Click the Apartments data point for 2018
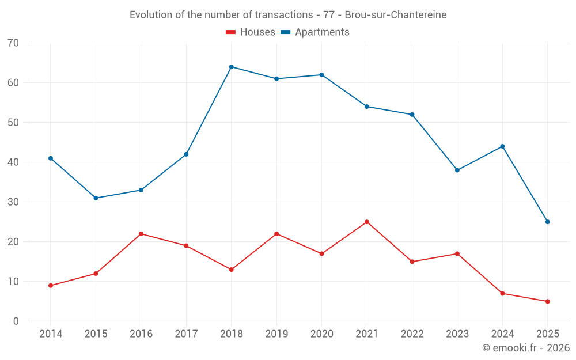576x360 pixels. pos(232,67)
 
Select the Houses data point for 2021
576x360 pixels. pos(367,222)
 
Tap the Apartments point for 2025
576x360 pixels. pos(548,222)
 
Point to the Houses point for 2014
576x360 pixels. pos(51,286)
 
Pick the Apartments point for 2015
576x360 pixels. pos(96,198)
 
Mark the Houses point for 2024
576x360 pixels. pos(502,294)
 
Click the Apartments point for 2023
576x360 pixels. pos(457,170)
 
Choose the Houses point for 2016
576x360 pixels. pos(141,234)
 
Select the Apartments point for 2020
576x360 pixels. pos(321,75)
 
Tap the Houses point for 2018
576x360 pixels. pos(232,270)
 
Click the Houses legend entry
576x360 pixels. pos(251,32)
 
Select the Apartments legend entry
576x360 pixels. pos(315,32)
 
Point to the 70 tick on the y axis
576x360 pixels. pos(13,43)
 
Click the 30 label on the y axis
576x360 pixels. pos(13,202)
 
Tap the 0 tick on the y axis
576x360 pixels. pos(16,321)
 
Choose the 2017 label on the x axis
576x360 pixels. pos(186,334)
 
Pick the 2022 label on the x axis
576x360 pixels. pos(412,334)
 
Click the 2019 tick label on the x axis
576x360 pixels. pos(276,334)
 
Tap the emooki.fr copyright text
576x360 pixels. pos(526,348)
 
